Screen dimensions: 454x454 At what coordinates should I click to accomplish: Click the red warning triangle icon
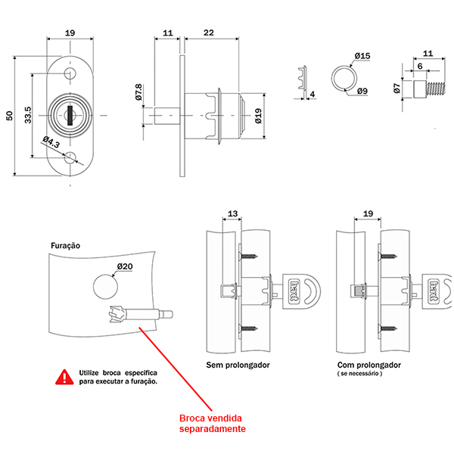(64, 377)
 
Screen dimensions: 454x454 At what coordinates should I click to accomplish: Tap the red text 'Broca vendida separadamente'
(212, 423)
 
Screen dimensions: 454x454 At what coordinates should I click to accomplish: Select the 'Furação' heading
(65, 245)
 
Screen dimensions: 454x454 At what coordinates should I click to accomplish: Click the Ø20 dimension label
(125, 266)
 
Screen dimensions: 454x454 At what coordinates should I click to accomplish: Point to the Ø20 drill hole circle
(105, 287)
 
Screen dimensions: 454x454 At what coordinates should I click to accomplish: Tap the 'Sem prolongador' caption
(238, 365)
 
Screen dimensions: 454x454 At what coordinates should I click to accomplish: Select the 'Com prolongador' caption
(369, 365)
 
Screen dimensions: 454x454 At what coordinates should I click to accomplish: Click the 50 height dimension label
(10, 116)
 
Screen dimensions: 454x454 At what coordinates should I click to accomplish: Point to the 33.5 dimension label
(28, 115)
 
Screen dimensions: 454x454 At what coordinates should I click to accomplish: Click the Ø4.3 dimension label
(51, 142)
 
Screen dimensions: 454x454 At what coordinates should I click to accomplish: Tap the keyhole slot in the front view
(70, 115)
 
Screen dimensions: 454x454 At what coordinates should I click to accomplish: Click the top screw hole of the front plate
(70, 73)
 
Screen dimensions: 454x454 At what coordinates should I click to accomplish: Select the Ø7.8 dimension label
(138, 92)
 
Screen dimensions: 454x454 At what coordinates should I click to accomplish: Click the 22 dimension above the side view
(209, 33)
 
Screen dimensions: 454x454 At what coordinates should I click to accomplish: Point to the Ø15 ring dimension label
(362, 55)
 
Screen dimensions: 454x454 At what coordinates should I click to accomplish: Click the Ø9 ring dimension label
(362, 92)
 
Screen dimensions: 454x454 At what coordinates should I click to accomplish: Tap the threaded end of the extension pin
(436, 89)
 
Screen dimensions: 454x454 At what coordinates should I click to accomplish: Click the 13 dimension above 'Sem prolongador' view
(232, 213)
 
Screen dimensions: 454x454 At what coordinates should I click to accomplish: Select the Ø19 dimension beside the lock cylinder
(258, 116)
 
